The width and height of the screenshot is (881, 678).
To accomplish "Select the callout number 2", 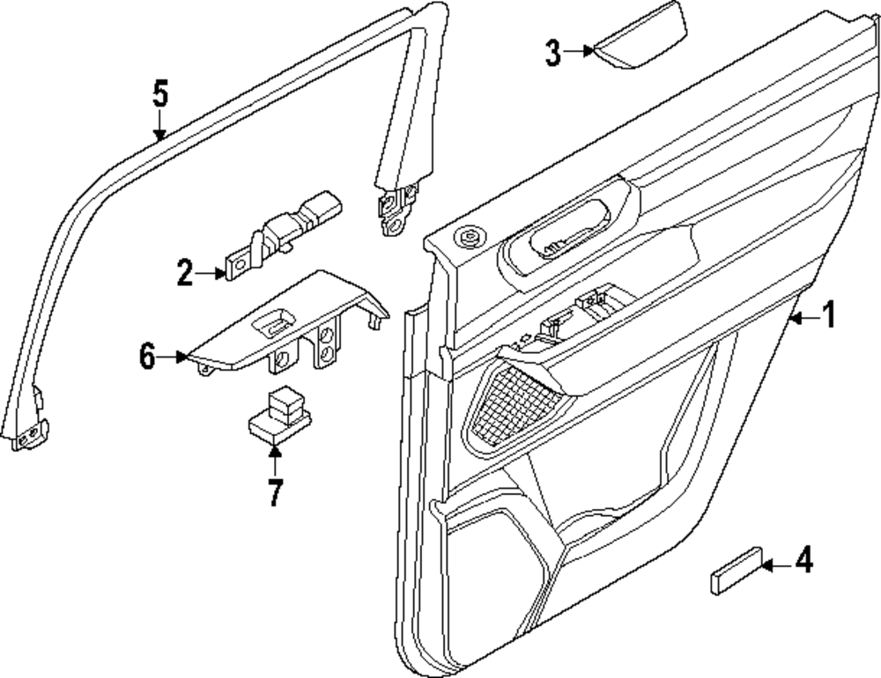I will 184,273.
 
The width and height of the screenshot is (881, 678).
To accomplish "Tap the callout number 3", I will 552,52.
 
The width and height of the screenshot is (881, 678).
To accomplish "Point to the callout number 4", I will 803,561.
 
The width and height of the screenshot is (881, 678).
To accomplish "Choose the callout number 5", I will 159,93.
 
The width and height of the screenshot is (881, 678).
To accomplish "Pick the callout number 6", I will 147,356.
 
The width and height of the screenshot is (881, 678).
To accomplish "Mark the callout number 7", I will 275,491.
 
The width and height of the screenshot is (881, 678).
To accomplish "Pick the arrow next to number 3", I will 580,51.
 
